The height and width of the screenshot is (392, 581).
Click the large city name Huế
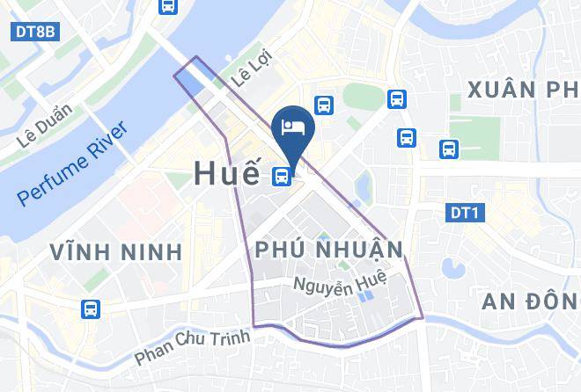(x=225, y=175)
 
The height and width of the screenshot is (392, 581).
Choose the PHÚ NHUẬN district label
(x=328, y=250)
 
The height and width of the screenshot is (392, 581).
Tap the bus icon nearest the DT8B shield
(x=167, y=5)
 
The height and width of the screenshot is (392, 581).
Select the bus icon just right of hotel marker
(x=324, y=105)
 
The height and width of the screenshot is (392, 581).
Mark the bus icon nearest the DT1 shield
(x=449, y=149)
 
